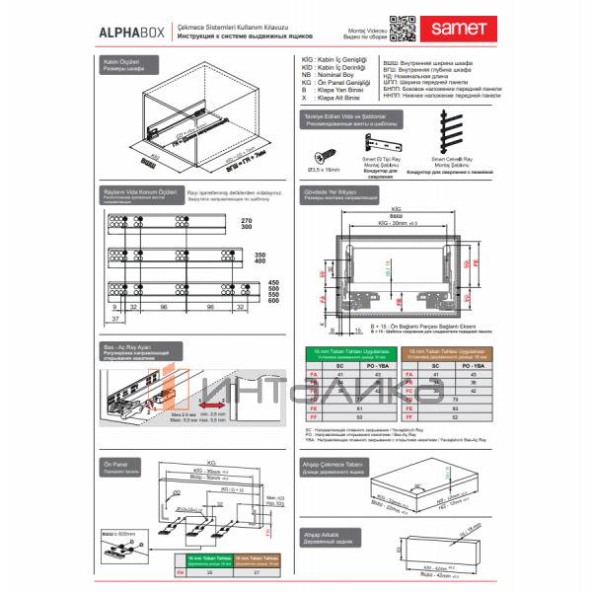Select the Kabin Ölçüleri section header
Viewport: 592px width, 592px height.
tap(123, 64)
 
